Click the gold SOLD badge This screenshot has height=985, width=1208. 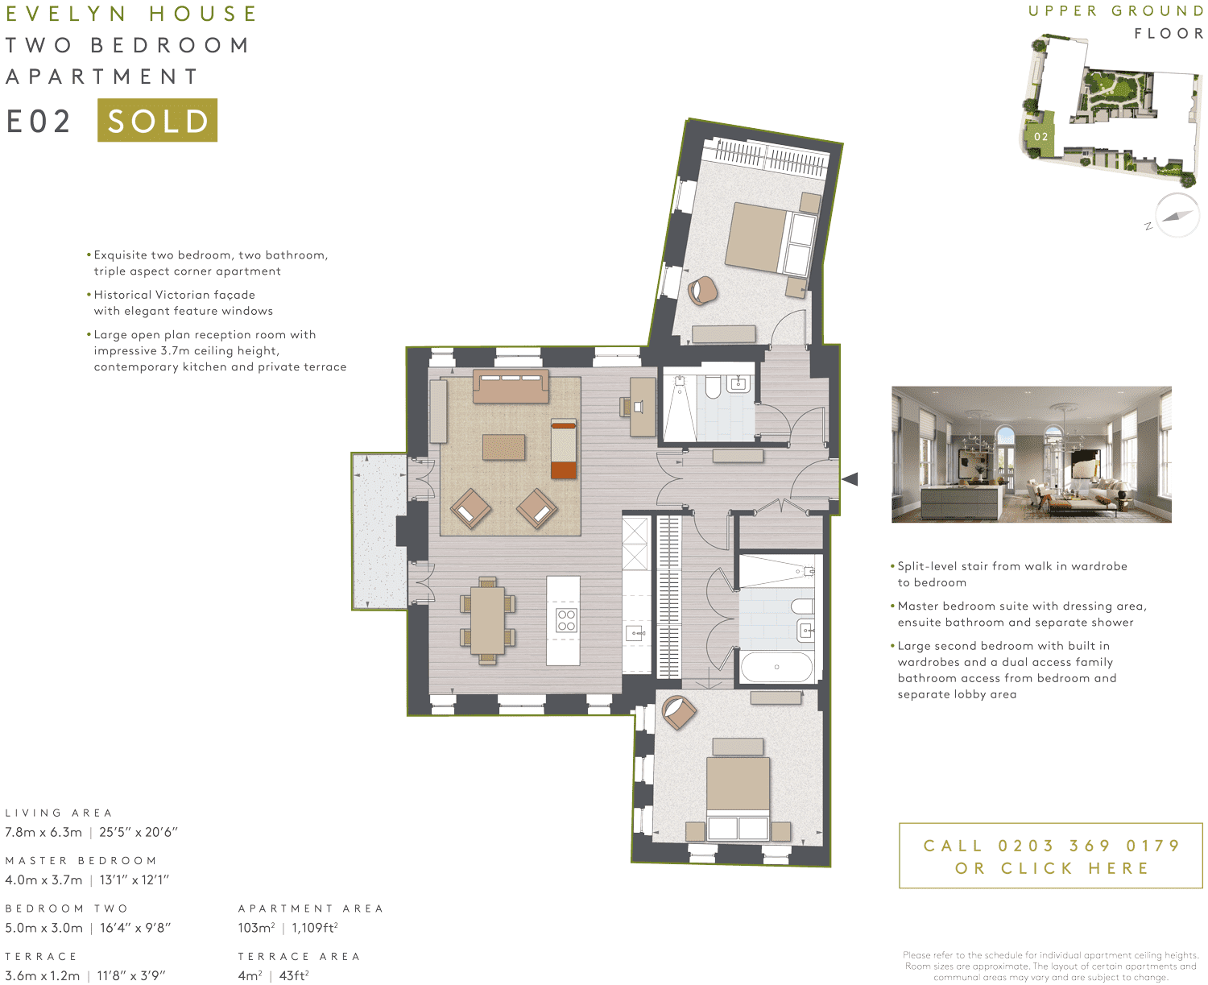[157, 120]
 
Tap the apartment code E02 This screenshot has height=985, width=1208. [39, 122]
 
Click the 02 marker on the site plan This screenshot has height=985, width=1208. [1040, 137]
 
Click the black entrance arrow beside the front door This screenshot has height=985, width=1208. [850, 479]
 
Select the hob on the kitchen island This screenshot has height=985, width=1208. [566, 620]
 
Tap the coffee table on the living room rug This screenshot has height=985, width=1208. [503, 447]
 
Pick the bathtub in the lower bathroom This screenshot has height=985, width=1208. [776, 667]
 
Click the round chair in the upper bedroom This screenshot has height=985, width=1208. [702, 290]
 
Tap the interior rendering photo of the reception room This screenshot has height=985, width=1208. [1031, 454]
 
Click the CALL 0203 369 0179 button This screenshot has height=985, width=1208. [1050, 856]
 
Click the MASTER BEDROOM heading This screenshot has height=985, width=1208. [81, 861]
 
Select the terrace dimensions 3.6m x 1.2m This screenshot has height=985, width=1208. [43, 975]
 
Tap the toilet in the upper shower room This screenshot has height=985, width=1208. [713, 387]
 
